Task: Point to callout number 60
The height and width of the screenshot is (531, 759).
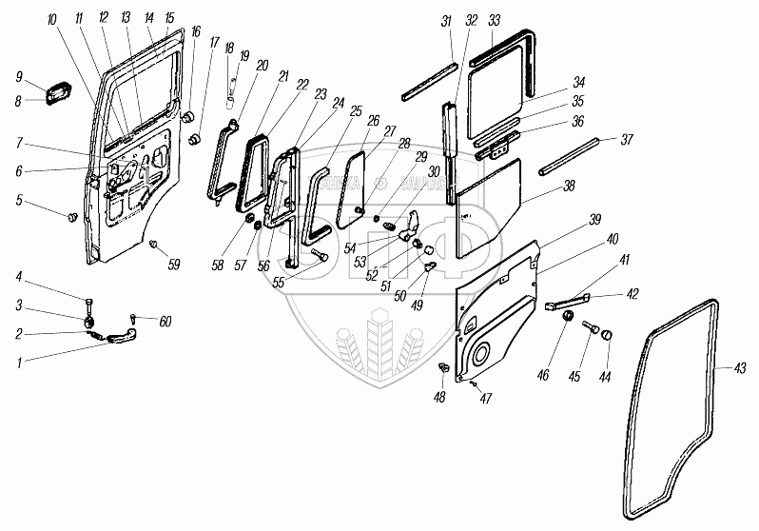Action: pyautogui.click(x=165, y=322)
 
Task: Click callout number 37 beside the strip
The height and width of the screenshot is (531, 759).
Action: pyautogui.click(x=628, y=139)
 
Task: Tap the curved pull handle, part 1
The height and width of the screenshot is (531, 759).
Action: pyautogui.click(x=122, y=333)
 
